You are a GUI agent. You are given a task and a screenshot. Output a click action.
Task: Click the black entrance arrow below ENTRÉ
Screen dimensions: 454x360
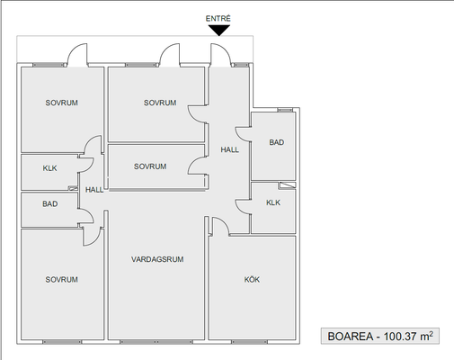pos(219,30)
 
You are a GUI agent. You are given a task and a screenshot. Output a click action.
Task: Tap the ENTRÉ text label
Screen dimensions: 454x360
pos(218,19)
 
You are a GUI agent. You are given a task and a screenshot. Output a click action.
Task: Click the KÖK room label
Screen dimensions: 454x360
pos(252,280)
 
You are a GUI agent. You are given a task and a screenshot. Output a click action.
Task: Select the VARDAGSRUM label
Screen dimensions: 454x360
pos(157,259)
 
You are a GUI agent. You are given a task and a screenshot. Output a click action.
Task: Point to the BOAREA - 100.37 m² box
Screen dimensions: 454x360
pos(380,336)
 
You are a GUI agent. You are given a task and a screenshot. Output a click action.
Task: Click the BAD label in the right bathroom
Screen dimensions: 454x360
pos(277,142)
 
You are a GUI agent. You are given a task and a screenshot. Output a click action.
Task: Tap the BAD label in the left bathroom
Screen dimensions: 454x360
pos(50,204)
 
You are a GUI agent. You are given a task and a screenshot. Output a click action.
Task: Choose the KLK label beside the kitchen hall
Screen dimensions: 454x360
pos(273,202)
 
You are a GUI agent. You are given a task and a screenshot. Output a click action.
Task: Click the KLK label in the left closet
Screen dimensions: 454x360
pos(49,168)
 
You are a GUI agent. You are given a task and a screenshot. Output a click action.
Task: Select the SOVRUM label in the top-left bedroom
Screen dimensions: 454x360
pos(62,103)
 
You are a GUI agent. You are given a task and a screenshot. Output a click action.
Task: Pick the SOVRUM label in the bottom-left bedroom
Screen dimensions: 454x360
pos(62,280)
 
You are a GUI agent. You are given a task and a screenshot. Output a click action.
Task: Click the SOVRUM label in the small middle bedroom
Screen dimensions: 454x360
pos(150,166)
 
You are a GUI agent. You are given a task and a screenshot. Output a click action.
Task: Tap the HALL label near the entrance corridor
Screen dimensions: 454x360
pos(230,149)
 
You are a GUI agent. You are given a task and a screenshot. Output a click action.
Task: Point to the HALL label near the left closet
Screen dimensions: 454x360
pos(94,190)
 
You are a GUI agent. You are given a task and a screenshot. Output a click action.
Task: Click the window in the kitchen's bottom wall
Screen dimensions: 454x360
pos(249,342)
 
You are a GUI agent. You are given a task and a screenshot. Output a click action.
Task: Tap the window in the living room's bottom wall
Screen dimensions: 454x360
pos(156,342)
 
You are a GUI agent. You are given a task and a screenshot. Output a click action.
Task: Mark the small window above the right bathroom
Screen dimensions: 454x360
pos(285,110)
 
